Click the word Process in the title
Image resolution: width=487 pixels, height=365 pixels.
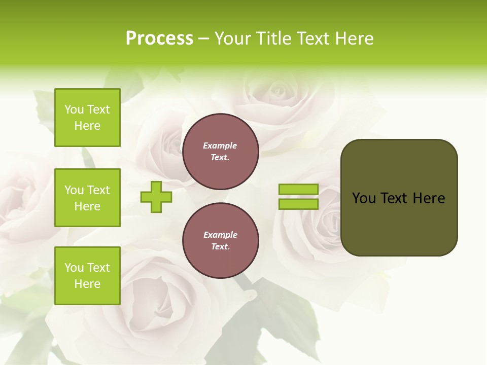click(x=159, y=39)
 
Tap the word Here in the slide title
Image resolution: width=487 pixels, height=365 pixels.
click(x=354, y=39)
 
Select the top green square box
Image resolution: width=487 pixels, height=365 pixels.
click(x=87, y=118)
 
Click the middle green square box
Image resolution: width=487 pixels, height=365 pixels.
click(x=87, y=198)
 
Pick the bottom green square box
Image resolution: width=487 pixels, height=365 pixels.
click(x=87, y=276)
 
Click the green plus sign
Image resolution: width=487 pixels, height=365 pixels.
click(x=156, y=197)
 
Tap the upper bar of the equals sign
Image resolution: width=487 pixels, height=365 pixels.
click(x=299, y=189)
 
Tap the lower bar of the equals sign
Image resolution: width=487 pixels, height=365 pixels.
click(x=299, y=204)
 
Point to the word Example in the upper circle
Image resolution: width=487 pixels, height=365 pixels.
click(x=220, y=145)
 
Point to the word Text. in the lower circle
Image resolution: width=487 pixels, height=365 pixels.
click(x=220, y=247)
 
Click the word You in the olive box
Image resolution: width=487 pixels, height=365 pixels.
click(x=363, y=198)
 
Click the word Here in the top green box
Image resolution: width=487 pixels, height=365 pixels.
click(x=87, y=126)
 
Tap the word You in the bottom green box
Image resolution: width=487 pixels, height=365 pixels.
click(x=74, y=268)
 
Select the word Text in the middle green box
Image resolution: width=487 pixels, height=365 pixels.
click(x=98, y=190)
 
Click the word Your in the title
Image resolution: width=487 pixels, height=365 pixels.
click(x=233, y=39)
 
